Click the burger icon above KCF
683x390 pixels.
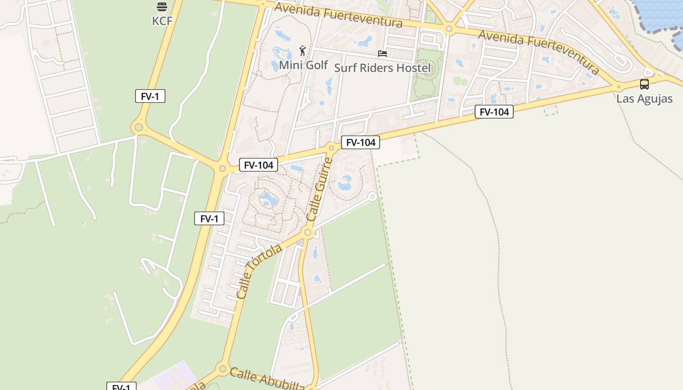point(162,7)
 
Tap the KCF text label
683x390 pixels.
point(162,21)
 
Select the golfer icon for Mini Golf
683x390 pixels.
point(302,50)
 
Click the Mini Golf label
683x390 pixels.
point(303,65)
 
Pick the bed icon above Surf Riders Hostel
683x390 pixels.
point(382,53)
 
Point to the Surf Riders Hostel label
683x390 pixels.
point(382,68)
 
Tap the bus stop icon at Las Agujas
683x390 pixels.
point(644,84)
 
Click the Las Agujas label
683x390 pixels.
point(644,98)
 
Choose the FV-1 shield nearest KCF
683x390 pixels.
point(150,96)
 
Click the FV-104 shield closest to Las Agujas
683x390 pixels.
point(494,112)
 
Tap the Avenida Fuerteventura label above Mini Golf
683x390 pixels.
point(338,16)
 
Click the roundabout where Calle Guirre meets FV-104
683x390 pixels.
point(332,147)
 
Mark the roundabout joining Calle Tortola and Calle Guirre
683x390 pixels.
point(307,232)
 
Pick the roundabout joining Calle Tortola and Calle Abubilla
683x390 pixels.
point(223,368)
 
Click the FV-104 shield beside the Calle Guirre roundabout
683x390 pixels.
point(360,142)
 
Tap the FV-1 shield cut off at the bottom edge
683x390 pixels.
point(121,387)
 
